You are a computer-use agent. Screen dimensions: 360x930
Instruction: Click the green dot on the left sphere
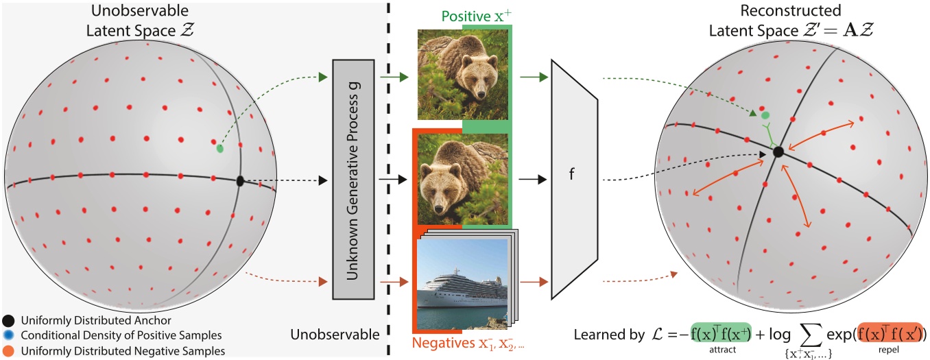(219, 148)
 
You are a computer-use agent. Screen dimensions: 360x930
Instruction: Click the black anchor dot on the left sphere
(240, 181)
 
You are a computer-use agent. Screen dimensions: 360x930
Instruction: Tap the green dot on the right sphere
(765, 116)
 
